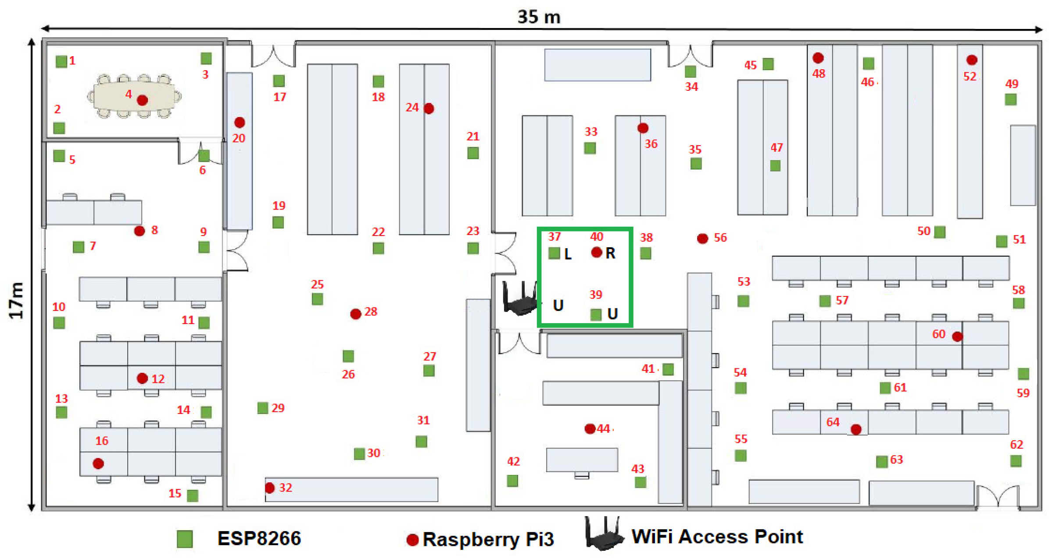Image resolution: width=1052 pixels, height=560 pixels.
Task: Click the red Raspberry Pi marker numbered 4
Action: tap(142, 100)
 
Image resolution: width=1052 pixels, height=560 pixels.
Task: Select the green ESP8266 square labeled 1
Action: tap(61, 61)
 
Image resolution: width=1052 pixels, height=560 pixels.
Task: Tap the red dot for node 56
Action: tap(702, 239)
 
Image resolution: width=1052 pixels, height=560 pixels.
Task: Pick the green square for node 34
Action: tap(691, 71)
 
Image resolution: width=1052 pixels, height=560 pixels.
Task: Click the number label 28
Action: tap(371, 311)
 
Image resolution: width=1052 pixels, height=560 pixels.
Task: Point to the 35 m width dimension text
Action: tap(539, 17)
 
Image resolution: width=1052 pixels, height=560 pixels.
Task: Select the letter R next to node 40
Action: tap(610, 253)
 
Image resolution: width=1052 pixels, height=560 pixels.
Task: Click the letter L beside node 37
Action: tap(568, 254)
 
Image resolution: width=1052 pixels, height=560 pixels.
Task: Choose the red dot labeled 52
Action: tap(972, 60)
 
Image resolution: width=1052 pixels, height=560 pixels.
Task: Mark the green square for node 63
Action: tap(882, 462)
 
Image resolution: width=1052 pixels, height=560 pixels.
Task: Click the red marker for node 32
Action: tap(270, 488)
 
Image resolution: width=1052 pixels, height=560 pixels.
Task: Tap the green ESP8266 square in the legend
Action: tap(185, 539)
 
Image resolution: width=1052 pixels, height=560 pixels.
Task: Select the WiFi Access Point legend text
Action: tap(717, 537)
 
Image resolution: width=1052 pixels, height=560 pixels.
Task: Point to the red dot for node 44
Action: tap(590, 428)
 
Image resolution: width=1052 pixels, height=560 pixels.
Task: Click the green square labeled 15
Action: tap(193, 496)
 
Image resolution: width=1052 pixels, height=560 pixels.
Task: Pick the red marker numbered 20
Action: tap(240, 122)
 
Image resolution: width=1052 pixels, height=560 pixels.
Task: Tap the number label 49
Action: tap(1012, 84)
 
